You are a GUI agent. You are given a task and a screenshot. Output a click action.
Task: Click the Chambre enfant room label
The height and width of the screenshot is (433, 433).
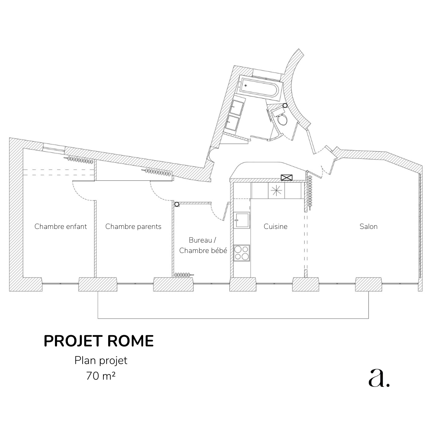(61, 227)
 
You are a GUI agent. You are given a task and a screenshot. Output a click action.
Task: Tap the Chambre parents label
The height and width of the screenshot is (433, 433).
(134, 227)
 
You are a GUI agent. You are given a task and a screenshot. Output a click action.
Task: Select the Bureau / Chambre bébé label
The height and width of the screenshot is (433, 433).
(203, 245)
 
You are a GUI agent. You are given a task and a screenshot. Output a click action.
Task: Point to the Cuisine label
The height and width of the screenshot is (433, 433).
(275, 227)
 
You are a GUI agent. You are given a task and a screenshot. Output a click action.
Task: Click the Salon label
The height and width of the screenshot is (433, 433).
(368, 227)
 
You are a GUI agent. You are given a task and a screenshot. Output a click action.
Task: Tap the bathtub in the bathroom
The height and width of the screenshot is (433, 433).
(259, 87)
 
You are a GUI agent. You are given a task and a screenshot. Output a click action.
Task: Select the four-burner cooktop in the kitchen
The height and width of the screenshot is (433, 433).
(242, 253)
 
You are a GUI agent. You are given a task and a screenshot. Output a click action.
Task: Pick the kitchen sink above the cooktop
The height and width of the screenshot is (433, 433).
(242, 220)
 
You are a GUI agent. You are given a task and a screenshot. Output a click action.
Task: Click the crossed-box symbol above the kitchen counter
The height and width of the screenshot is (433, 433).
(286, 178)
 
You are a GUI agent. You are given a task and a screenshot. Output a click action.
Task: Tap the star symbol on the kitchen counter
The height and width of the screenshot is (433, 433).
(276, 190)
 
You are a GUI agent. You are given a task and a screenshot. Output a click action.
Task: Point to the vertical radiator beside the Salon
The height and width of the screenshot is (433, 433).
(310, 193)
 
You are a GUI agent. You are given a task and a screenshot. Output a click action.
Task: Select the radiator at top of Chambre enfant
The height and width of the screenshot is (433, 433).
(79, 160)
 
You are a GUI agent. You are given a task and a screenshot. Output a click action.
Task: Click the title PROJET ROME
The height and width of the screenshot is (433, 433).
(99, 341)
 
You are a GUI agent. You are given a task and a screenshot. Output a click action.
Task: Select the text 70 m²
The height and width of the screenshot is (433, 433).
(101, 376)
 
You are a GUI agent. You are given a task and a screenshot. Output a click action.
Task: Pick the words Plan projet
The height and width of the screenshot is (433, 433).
(101, 361)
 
